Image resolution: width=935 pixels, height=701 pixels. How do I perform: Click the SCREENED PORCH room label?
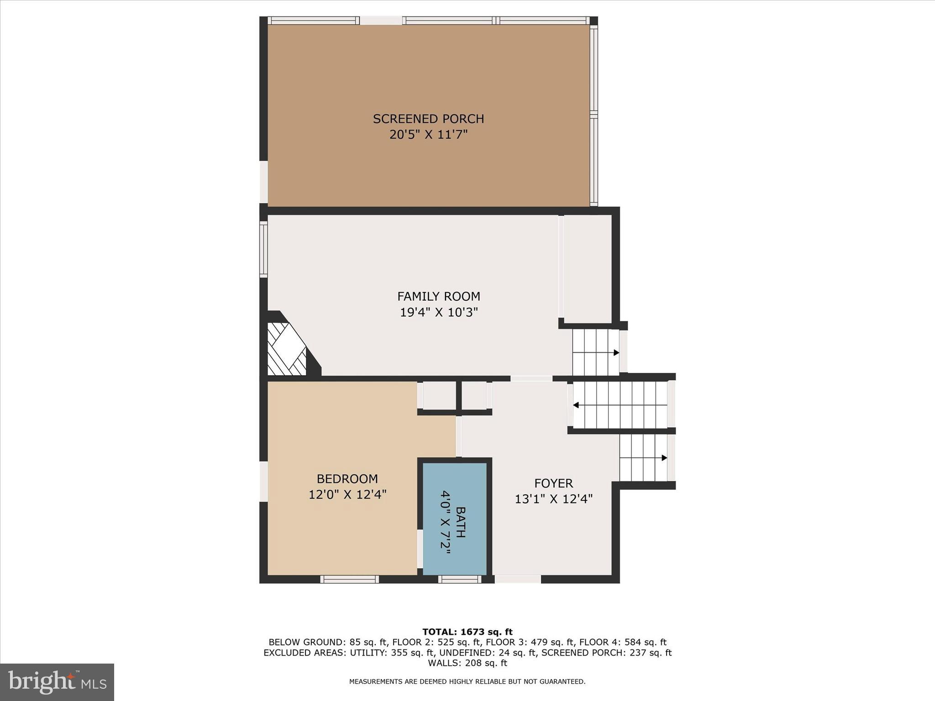pos(428,119)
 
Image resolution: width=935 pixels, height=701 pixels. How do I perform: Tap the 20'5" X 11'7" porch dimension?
pos(428,135)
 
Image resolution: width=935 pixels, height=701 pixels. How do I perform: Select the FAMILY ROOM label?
pos(438,297)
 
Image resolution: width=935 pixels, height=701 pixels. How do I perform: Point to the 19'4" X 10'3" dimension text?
pos(438,313)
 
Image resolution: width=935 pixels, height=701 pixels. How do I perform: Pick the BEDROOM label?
pos(347,479)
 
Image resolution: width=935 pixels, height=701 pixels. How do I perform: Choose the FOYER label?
pos(553,483)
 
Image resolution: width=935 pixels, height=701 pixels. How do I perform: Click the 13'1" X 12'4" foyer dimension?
pos(553,499)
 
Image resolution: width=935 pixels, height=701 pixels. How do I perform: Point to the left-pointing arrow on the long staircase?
pos(576,405)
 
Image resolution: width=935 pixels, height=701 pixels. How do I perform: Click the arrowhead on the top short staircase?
pos(616,352)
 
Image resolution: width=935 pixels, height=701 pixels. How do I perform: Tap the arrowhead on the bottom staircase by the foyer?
pos(664,458)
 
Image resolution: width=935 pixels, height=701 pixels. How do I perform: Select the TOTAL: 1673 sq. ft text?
pos(467,632)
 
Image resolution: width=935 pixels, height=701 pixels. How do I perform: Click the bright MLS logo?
pos(57,682)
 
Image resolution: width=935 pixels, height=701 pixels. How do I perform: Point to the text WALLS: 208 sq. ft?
pos(467,663)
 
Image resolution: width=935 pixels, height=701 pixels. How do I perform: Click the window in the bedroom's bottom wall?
pos(349,579)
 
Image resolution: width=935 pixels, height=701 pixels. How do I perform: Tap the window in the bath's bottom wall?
pos(460,579)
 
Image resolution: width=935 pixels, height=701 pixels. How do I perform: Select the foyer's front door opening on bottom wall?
pos(518,579)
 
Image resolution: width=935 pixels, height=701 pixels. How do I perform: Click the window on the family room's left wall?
pos(263,249)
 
